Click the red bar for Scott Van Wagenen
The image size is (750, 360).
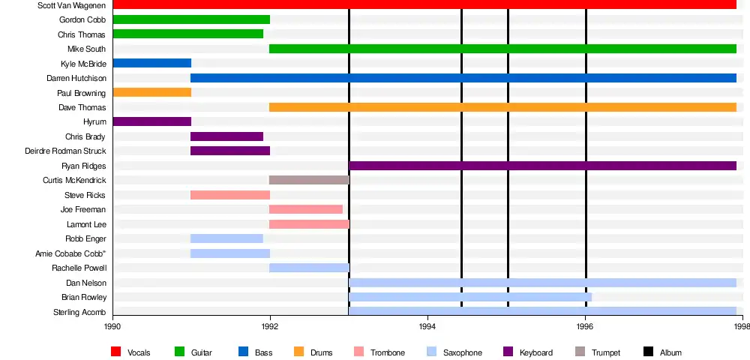(424, 5)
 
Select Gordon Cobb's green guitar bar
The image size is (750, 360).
(191, 19)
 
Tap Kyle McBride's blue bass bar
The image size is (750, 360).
(152, 63)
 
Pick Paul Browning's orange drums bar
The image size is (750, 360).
(152, 92)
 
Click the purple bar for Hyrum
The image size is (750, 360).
(152, 121)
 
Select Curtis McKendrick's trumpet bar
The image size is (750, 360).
(309, 180)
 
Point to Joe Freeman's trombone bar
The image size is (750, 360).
(306, 209)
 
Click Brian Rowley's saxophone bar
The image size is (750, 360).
(470, 297)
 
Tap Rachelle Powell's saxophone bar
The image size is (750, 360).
(309, 268)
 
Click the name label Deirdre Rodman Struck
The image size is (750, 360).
(65, 151)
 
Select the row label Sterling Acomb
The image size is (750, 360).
(79, 312)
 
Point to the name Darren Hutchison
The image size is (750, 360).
(76, 78)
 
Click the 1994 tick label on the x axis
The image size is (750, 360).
(427, 326)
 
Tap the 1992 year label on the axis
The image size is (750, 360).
(270, 326)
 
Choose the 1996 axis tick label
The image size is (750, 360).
(585, 326)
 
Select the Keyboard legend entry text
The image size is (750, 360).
(536, 352)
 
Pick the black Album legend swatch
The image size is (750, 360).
(649, 352)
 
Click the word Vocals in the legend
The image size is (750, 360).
(139, 352)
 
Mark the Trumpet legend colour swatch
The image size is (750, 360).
(580, 352)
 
